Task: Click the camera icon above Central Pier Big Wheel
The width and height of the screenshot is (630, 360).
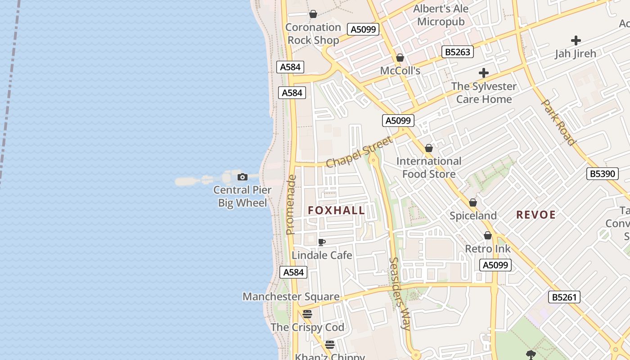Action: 243,177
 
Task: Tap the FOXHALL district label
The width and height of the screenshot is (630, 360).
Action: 337,210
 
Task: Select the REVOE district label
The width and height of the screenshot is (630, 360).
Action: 536,215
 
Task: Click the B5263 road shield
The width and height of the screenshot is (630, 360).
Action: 458,52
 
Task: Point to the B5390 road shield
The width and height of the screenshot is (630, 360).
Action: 603,173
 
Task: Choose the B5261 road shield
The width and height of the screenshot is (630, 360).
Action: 564,297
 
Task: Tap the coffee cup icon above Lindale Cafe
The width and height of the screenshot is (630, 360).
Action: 322,243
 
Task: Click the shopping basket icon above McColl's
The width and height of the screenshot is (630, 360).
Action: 400,58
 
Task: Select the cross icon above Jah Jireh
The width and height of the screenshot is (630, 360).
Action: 576,40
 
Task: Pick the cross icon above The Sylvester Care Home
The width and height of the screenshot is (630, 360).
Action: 484,73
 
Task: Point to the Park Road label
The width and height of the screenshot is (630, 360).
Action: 558,122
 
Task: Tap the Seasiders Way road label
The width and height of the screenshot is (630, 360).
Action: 399,293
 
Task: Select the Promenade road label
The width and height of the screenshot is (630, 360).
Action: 291,204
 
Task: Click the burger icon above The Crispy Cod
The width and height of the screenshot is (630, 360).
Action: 307,314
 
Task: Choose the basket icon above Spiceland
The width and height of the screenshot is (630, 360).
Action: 473,203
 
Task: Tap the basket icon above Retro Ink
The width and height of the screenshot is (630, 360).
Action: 488,236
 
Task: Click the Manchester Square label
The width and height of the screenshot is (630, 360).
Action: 291,297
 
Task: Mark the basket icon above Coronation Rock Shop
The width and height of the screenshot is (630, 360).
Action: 313,14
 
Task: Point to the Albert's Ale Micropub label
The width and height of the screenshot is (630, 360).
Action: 441,15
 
